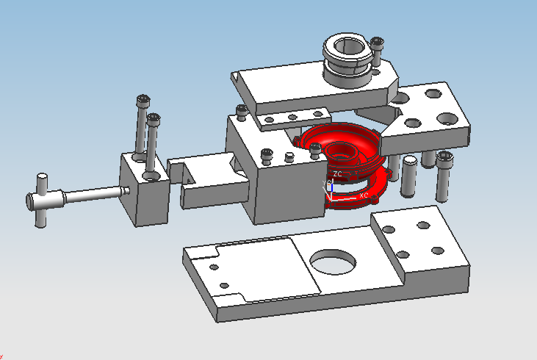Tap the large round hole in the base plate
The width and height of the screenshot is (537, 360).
point(334,260)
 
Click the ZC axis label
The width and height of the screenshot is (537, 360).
point(337,173)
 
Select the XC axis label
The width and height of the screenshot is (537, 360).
point(362,195)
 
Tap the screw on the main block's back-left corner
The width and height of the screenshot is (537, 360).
point(241,112)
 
